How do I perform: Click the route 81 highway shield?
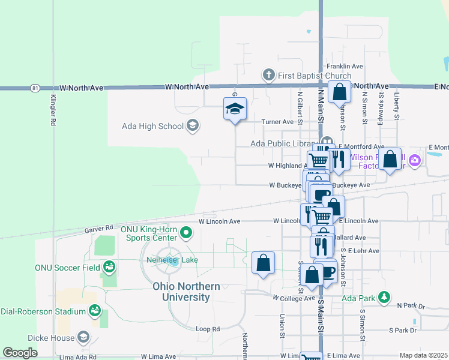click(x=35, y=88)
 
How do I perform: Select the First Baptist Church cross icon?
click(x=269, y=76)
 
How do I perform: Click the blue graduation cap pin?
click(x=235, y=109)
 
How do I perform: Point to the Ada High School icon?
click(x=193, y=125)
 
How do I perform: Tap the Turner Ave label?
click(x=277, y=122)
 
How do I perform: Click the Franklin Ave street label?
click(x=345, y=66)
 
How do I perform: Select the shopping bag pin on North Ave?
click(x=339, y=92)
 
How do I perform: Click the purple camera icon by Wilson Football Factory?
click(x=414, y=160)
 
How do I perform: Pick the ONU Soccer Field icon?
click(x=109, y=266)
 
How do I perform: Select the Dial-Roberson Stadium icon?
click(x=95, y=311)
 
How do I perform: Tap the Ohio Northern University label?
click(x=181, y=292)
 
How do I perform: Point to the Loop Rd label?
click(x=208, y=329)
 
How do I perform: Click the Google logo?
click(x=20, y=353)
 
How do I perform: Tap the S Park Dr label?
click(x=402, y=330)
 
